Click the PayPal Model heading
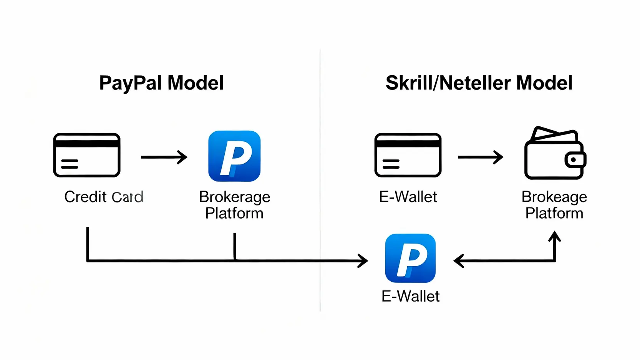point(161,83)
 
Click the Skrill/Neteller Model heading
point(479,83)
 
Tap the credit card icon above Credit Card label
point(87,155)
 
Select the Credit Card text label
point(104,197)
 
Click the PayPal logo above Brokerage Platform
point(234,156)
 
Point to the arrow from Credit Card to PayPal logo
point(164,157)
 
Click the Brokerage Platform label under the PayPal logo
point(234,205)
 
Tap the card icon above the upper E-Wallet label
point(408,155)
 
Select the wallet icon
point(555,154)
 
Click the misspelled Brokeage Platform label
point(554,205)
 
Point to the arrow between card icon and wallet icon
point(480,157)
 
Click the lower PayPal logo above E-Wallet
point(410,258)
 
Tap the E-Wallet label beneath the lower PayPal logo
point(410,296)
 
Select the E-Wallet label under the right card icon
point(408,197)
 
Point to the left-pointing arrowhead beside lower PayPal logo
point(458,261)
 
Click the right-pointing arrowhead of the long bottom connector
point(363,261)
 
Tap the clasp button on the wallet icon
point(574,159)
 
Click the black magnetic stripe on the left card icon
point(87,143)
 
